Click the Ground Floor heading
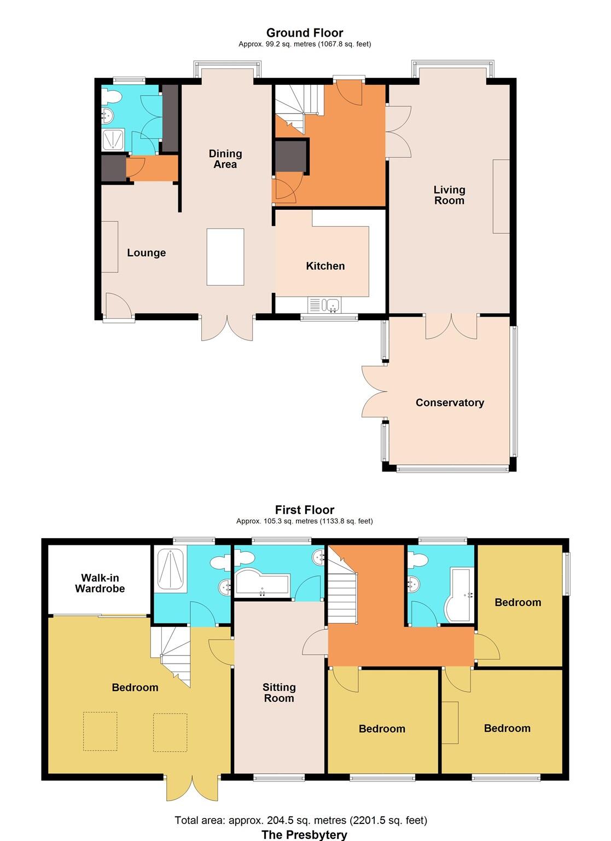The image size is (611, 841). (x=305, y=33)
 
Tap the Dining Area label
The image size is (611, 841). (x=225, y=159)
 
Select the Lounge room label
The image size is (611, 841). (x=146, y=252)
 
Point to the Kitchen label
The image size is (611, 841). (x=325, y=266)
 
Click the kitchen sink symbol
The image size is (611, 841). (x=324, y=305)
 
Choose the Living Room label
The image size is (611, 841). (x=449, y=195)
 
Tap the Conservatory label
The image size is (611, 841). (x=450, y=402)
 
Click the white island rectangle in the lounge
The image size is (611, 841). (x=225, y=257)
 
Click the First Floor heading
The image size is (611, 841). (x=305, y=510)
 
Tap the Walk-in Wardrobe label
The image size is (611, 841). (x=100, y=583)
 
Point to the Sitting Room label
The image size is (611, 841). (x=279, y=693)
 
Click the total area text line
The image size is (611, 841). (x=301, y=820)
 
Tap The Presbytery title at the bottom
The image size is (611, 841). (x=304, y=834)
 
